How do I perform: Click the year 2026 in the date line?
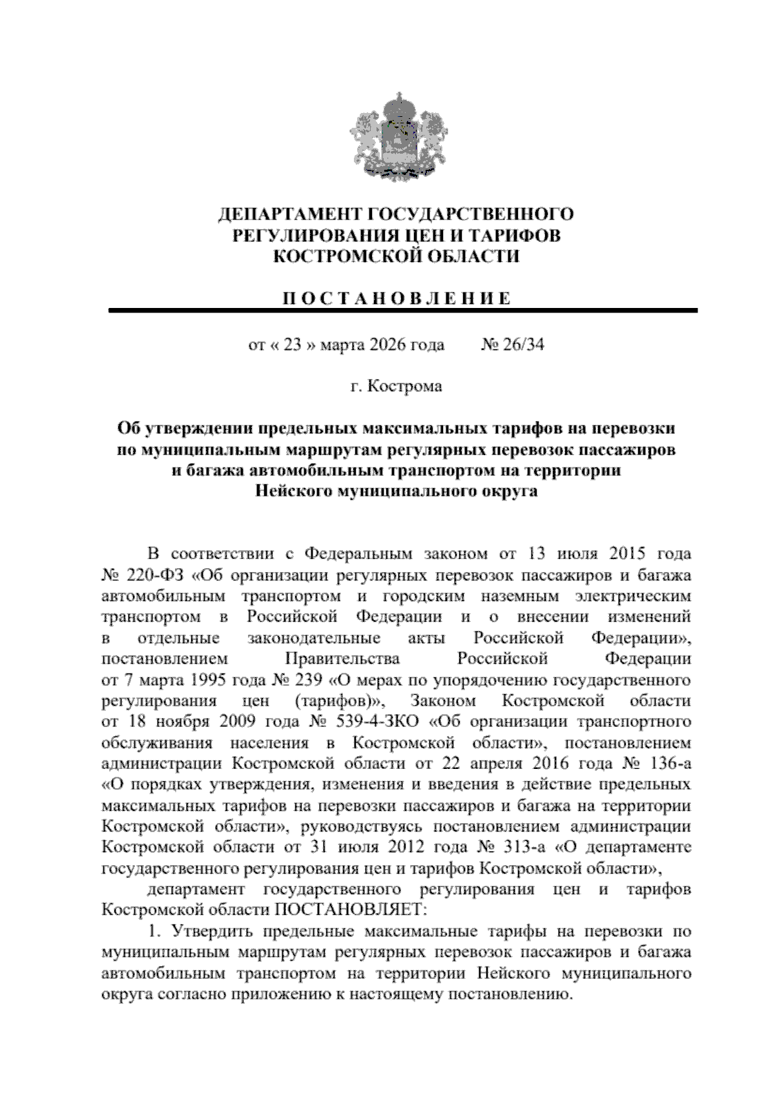click(388, 345)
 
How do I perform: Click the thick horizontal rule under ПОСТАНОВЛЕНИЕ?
click(403, 311)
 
